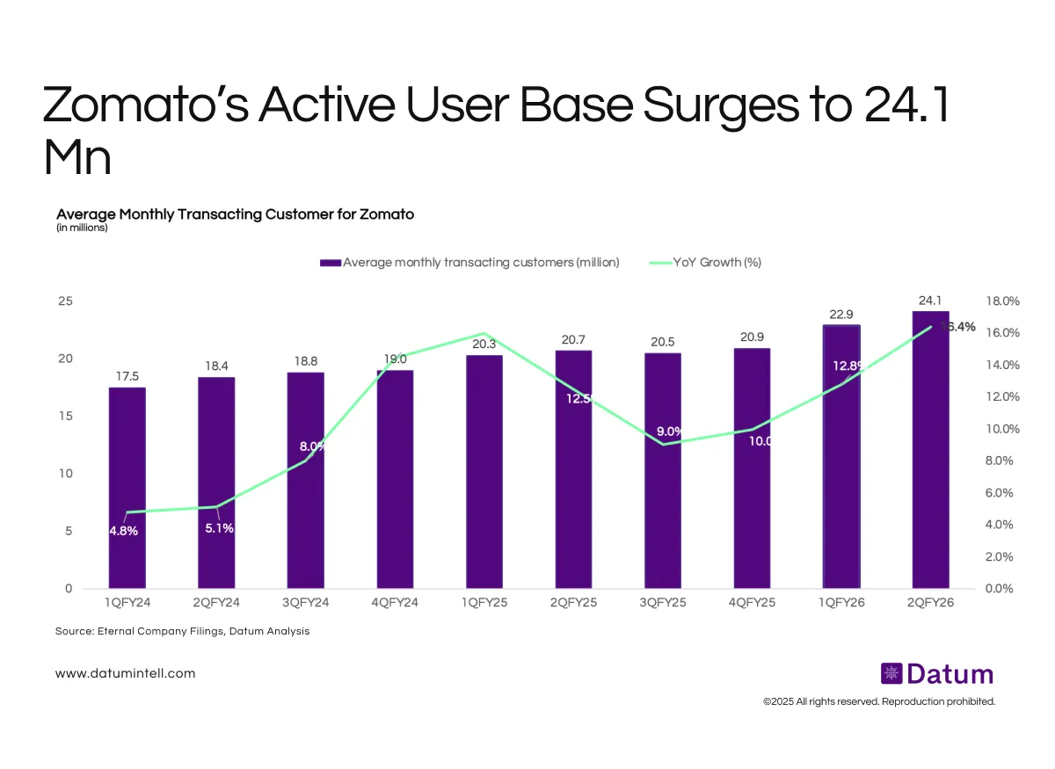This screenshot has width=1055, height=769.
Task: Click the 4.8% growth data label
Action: click(123, 531)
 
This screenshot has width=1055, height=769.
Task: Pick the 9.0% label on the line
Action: click(670, 432)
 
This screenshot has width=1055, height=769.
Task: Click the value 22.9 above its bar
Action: click(841, 314)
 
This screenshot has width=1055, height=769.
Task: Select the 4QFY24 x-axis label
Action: click(395, 603)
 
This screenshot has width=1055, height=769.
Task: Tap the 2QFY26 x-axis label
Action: click(930, 603)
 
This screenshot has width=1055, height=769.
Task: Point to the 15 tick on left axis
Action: click(64, 416)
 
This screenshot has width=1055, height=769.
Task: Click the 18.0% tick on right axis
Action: click(1001, 301)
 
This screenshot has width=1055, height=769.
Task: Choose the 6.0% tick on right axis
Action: click(1001, 492)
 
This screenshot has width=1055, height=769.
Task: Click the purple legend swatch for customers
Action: click(330, 262)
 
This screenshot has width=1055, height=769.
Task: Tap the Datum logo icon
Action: click(891, 674)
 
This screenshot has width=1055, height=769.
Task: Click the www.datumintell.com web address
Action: click(125, 673)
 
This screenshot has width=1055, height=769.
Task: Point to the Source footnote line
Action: click(182, 631)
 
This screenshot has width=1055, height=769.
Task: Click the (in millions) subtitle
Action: click(82, 229)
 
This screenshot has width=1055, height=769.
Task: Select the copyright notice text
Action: click(878, 701)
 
